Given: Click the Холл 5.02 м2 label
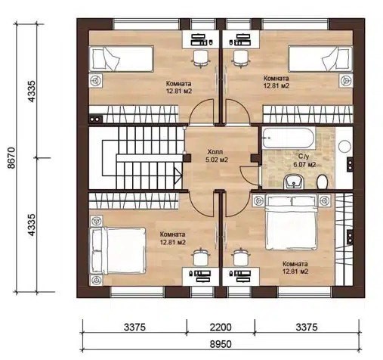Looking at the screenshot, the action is pos(217,156).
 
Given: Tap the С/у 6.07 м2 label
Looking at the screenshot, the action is pos(304,160).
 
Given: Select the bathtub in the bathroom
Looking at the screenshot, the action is pos(289,138).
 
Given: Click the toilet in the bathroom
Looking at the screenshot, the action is pos(322,182).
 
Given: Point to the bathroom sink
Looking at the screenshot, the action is pos(294,182).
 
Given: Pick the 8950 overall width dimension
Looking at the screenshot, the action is pos(221,344).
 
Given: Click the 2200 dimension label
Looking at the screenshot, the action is pos(221,327).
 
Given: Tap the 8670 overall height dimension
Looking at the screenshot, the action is pos(12,158).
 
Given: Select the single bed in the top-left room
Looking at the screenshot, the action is pos(122,59).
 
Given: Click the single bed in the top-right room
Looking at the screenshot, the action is pos(320,59).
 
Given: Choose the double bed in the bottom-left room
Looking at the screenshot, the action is pos(118,250).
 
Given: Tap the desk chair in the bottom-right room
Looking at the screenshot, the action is pos(241,257).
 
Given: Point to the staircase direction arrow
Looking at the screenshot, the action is pos(178,175).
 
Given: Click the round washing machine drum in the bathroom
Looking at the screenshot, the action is pos(344,146).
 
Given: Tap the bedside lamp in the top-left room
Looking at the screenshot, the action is pos(96,81).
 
